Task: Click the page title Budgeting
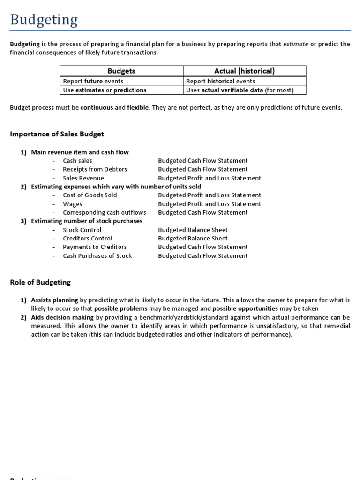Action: (x=44, y=20)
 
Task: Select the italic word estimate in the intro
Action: (x=296, y=44)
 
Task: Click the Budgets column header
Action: (x=121, y=71)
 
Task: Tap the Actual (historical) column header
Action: (x=244, y=71)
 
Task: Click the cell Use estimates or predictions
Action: (x=105, y=90)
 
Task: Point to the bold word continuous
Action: (x=97, y=108)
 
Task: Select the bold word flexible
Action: (x=138, y=108)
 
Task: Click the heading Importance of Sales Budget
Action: (x=57, y=134)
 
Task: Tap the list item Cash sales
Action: (x=77, y=161)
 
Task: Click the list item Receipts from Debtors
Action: (x=95, y=169)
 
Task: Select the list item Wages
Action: (x=72, y=204)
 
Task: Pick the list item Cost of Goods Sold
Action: (x=90, y=195)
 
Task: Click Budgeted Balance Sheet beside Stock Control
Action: (x=193, y=230)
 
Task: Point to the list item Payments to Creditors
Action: (x=95, y=247)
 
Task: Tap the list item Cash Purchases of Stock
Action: (x=97, y=255)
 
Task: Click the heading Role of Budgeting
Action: (x=40, y=282)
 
